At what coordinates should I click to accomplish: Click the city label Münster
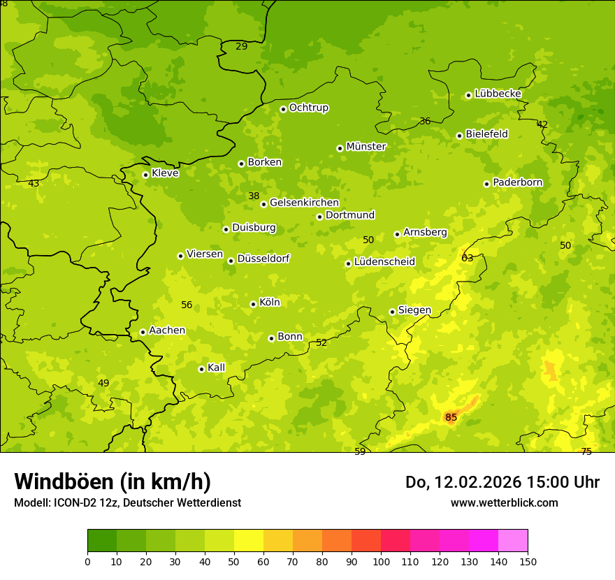click(x=366, y=147)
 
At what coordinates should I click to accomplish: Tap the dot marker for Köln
click(x=253, y=304)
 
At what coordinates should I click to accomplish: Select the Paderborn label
click(x=517, y=182)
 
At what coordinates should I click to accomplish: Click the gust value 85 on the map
click(x=451, y=418)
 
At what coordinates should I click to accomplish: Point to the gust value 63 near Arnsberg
click(x=467, y=258)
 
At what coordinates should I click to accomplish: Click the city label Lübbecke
click(x=498, y=94)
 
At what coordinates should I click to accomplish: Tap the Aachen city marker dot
click(x=143, y=332)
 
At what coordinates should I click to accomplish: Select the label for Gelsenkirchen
click(x=304, y=203)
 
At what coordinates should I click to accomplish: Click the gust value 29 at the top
click(x=241, y=47)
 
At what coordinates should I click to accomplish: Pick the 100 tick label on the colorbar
click(x=381, y=561)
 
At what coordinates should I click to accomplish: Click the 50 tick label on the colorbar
click(x=234, y=561)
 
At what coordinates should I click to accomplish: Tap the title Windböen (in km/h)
click(x=113, y=481)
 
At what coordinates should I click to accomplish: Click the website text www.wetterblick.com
click(x=504, y=502)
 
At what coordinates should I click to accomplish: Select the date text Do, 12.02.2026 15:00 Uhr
click(x=502, y=482)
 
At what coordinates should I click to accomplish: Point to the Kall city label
click(x=216, y=368)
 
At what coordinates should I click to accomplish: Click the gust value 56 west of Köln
click(x=187, y=305)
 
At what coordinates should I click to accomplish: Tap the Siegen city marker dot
click(x=392, y=312)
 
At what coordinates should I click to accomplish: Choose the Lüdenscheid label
click(x=384, y=262)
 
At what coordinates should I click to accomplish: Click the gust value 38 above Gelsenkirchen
click(x=254, y=196)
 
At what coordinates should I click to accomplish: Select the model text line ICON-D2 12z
click(x=127, y=502)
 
